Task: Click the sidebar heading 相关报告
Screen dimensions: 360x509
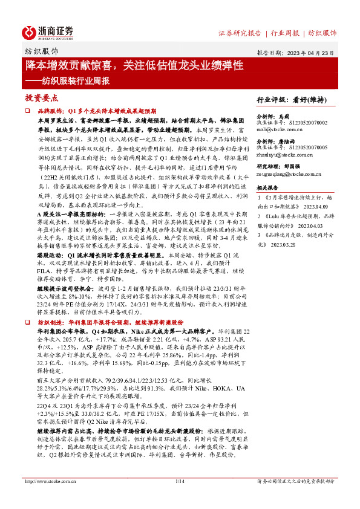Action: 269,189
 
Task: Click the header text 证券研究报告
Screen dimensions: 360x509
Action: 240,33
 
